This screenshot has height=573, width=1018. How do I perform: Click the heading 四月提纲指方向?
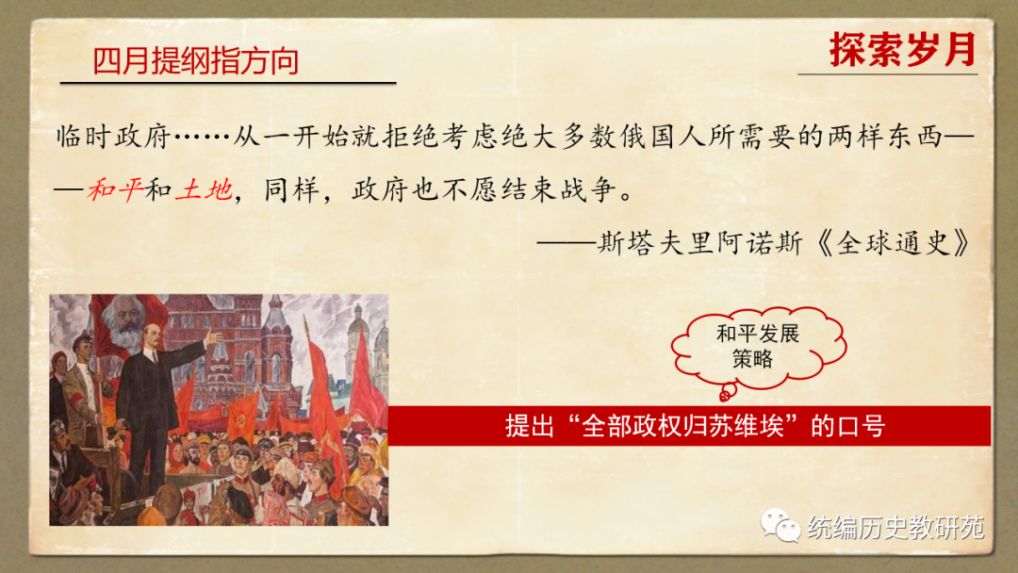(195, 61)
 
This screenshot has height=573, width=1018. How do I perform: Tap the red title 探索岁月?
(903, 49)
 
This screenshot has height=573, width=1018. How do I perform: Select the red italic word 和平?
(115, 189)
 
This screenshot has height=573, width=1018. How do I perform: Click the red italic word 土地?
(204, 189)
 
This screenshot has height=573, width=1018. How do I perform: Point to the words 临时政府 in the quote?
(113, 137)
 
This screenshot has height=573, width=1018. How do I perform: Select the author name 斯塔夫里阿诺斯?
(699, 243)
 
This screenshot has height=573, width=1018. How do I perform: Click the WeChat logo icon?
(780, 525)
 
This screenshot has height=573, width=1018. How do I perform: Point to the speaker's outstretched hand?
(214, 337)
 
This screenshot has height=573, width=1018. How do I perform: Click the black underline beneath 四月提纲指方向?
(228, 83)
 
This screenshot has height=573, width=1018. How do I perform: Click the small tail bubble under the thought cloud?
(727, 391)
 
